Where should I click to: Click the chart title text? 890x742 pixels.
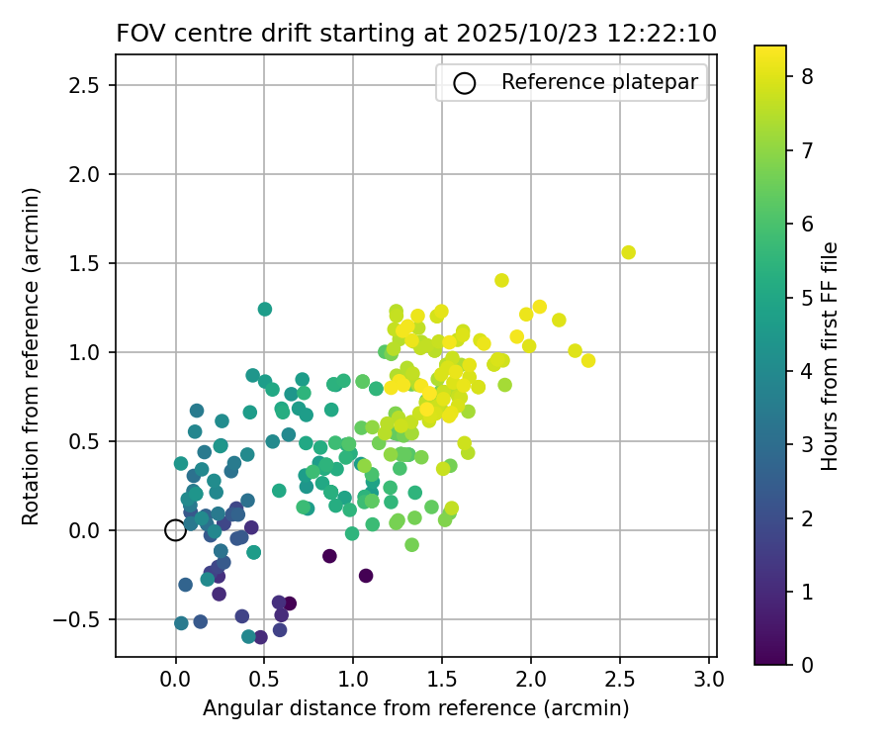point(416,33)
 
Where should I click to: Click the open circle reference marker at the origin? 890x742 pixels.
point(175,530)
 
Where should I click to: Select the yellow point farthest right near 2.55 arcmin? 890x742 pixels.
point(628,252)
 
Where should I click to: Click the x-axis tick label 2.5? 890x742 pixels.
point(620,680)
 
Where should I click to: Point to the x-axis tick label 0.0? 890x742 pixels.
point(175,680)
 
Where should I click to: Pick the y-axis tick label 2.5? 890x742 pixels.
point(86,85)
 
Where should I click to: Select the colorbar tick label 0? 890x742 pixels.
point(807,664)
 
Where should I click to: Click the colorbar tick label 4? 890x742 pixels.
point(807,371)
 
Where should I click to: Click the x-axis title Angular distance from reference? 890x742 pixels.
point(416,708)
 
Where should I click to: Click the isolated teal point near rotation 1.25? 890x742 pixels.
point(265,309)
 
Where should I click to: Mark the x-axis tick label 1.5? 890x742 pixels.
point(442,680)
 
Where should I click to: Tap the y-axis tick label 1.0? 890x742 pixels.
point(86,352)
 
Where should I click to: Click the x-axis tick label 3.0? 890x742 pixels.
point(709,680)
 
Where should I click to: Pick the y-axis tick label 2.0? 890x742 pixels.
point(86,174)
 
